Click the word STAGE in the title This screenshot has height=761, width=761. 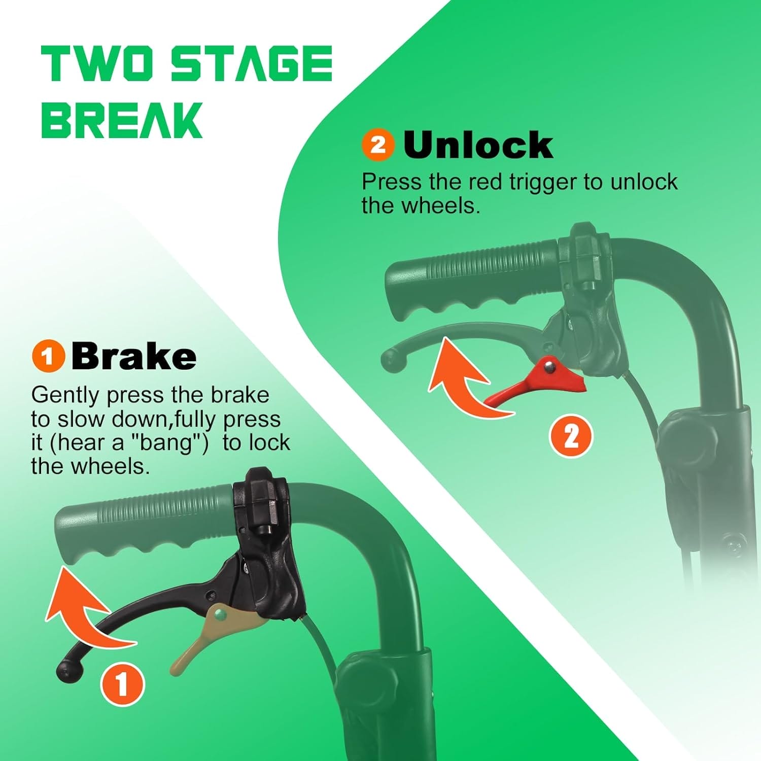pyautogui.click(x=251, y=63)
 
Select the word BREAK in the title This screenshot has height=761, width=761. pyautogui.click(x=122, y=120)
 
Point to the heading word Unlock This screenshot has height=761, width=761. pyautogui.click(x=478, y=145)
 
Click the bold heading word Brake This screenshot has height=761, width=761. pyautogui.click(x=134, y=356)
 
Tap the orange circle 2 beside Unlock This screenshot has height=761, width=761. pyautogui.click(x=378, y=145)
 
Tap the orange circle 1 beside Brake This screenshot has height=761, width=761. pyautogui.click(x=48, y=356)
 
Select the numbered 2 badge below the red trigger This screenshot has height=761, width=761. pyautogui.click(x=571, y=436)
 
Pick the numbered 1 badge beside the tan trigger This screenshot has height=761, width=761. pyautogui.click(x=122, y=684)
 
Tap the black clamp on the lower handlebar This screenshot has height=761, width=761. pyautogui.click(x=261, y=502)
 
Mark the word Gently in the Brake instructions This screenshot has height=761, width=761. pyautogui.click(x=65, y=396)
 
